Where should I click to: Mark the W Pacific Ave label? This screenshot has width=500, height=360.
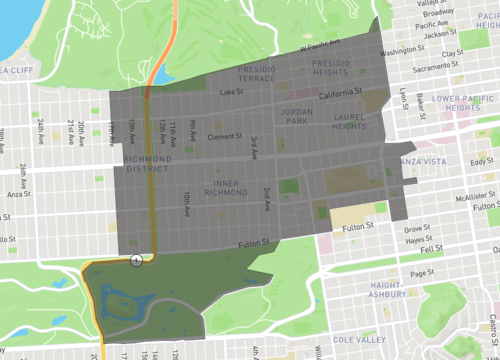[323, 45]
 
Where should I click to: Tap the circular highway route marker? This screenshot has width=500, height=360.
[136, 261]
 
